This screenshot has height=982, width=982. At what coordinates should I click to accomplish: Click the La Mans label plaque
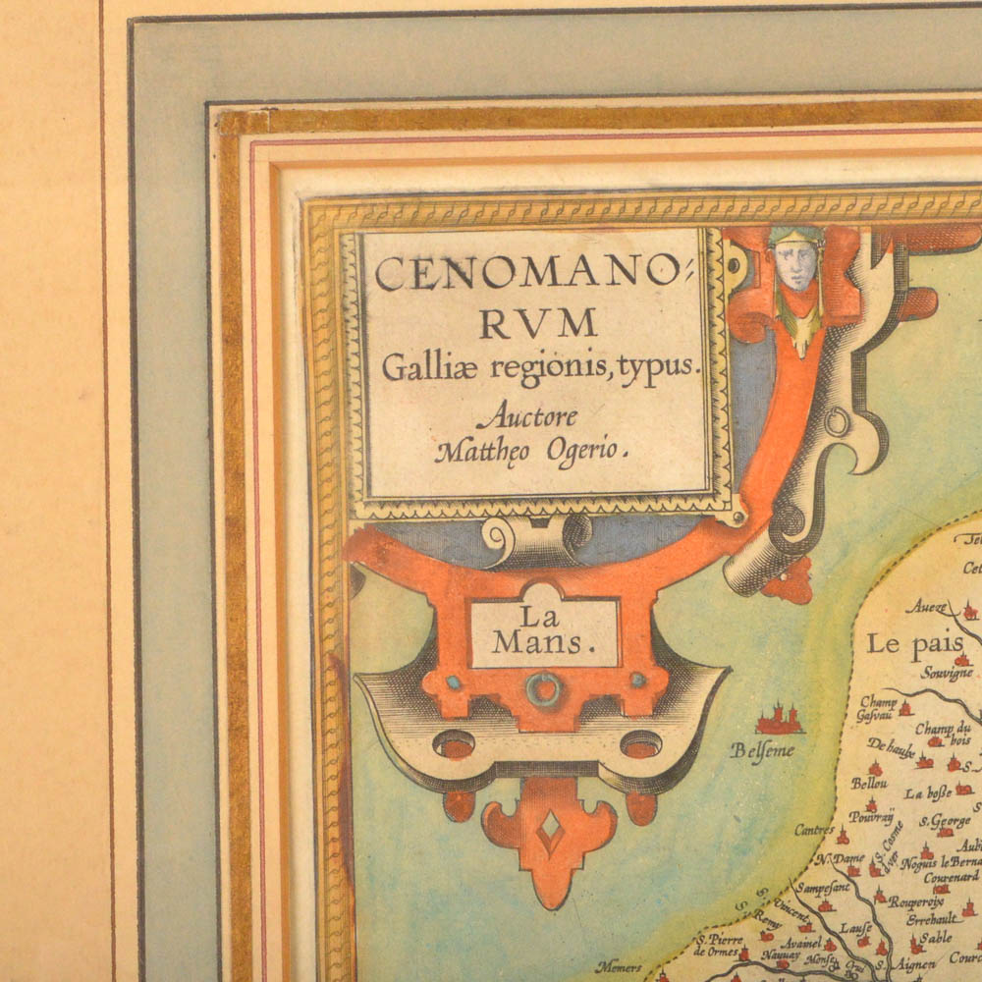click(x=544, y=630)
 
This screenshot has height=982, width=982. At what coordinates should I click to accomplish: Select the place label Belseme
click(x=762, y=751)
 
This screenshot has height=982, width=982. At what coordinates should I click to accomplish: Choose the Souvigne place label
click(x=946, y=674)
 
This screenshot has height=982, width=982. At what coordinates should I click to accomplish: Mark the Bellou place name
click(x=869, y=783)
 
